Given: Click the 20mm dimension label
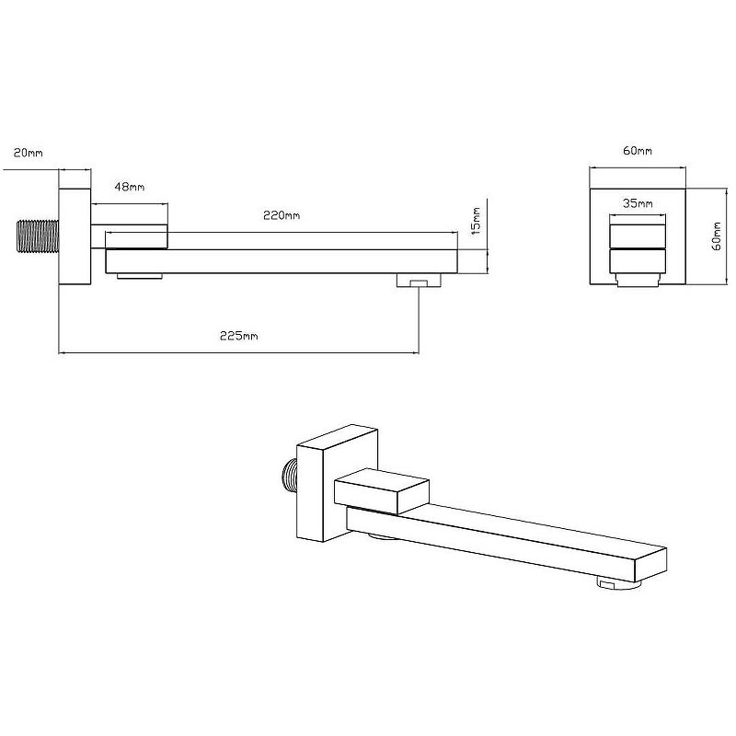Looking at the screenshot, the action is pyautogui.click(x=29, y=153).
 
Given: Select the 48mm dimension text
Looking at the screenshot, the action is pyautogui.click(x=130, y=187).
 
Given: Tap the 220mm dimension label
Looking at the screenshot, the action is pyautogui.click(x=282, y=215).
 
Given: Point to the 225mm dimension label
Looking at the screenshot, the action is pyautogui.click(x=239, y=336).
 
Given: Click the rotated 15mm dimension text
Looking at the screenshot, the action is pyautogui.click(x=476, y=221).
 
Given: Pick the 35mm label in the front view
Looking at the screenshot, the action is pyautogui.click(x=638, y=203).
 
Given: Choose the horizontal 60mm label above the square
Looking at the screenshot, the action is pyautogui.click(x=638, y=151).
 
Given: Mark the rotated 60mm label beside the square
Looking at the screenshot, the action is pyautogui.click(x=717, y=236).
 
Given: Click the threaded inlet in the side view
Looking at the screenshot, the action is pyautogui.click(x=38, y=236).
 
